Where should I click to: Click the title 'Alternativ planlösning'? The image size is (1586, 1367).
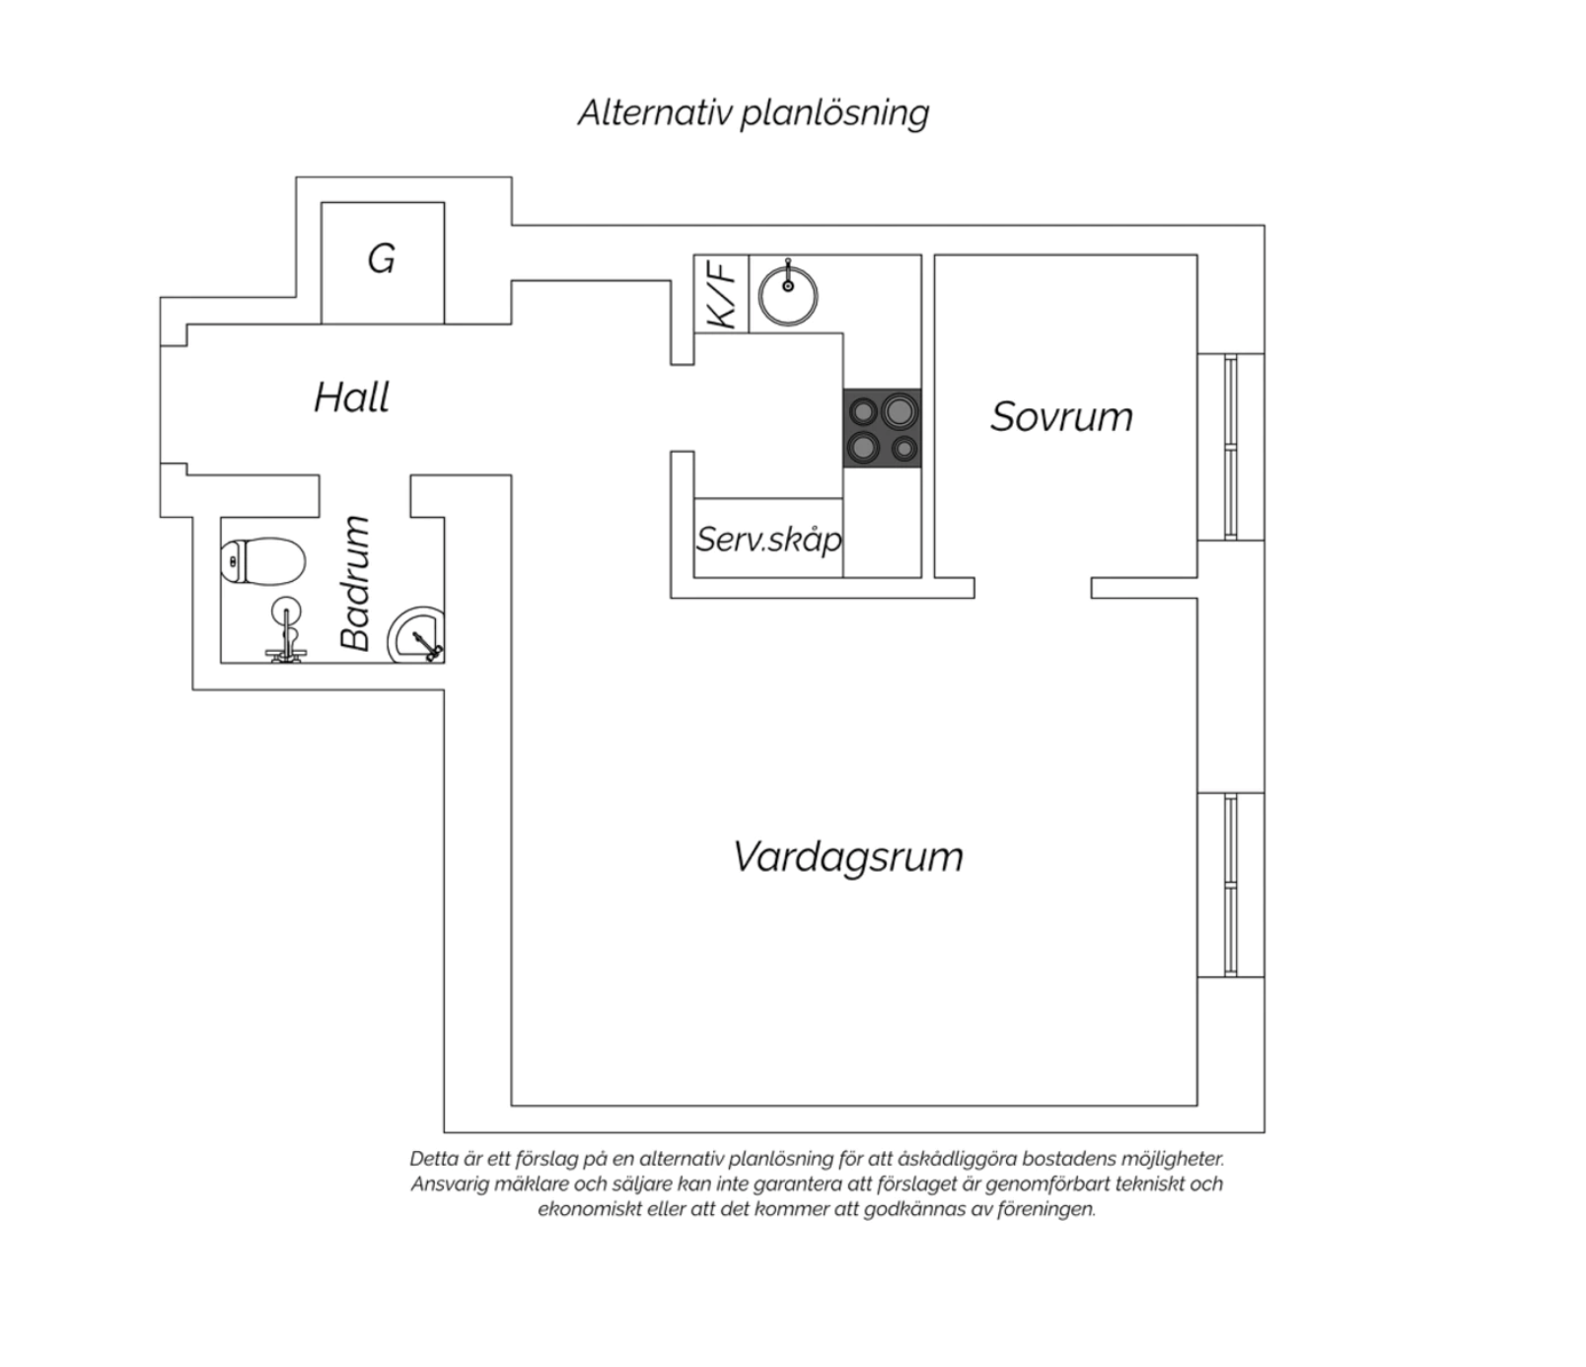coord(754,113)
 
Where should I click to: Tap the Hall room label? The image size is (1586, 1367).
coord(351,397)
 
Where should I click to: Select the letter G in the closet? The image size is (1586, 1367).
coord(382,259)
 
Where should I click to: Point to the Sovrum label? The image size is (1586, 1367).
coord(1061,416)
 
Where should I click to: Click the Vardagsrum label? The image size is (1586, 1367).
coord(847,856)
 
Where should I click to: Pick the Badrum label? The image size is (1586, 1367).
coord(355,583)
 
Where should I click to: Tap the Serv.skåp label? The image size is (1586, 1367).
coord(769,540)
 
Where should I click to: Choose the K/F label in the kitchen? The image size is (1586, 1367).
coord(721,294)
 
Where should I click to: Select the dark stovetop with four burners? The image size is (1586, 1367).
coord(882,428)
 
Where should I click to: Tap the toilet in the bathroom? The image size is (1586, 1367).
coord(262,561)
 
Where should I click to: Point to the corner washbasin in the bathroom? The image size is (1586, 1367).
coord(416,635)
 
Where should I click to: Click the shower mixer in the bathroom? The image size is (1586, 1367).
coord(286,636)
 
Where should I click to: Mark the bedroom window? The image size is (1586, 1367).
coord(1230,448)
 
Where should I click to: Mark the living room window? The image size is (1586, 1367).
coord(1230,885)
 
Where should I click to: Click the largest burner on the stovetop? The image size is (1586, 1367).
coord(899,410)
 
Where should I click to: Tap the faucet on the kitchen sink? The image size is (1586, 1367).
coord(788,276)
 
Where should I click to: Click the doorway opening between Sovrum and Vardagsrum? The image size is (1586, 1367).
coord(1033,588)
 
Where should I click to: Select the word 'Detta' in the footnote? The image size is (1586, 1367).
coord(434,1159)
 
